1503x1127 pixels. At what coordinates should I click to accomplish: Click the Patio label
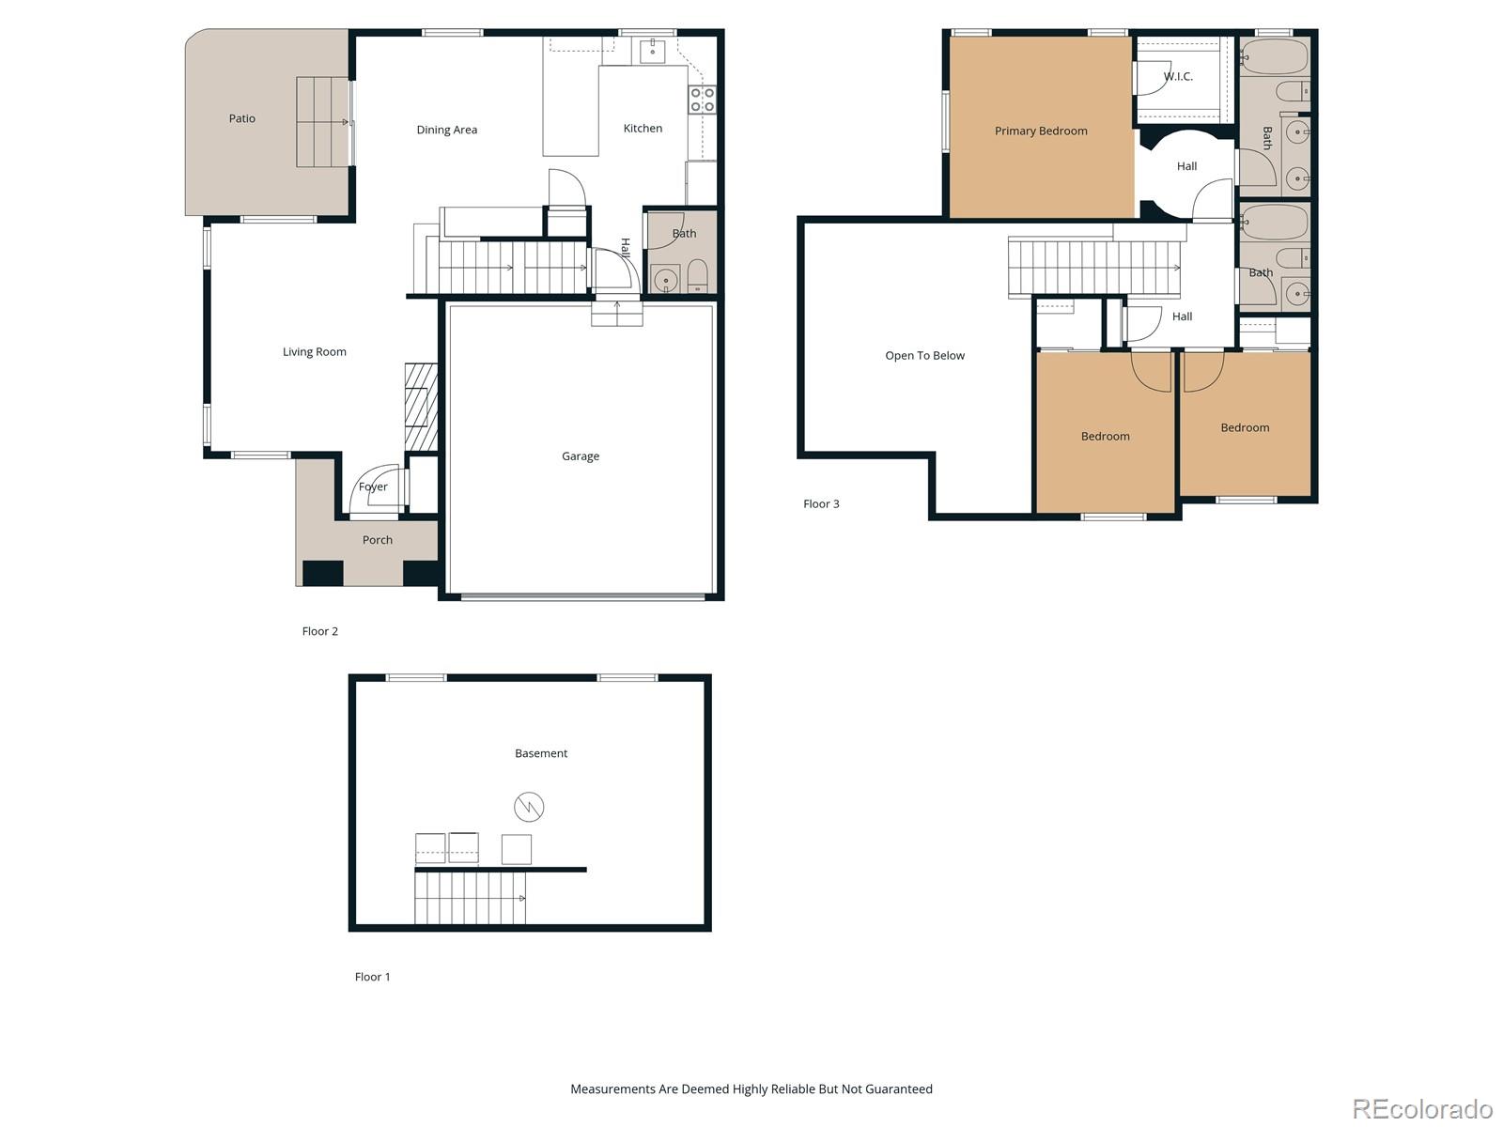pyautogui.click(x=241, y=118)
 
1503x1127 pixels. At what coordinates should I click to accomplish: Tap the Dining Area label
pyautogui.click(x=446, y=130)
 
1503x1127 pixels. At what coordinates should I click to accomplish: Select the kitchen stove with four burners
pyautogui.click(x=702, y=100)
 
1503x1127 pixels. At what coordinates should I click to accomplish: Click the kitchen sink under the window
pyautogui.click(x=652, y=51)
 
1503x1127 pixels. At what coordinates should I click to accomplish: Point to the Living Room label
pyautogui.click(x=314, y=352)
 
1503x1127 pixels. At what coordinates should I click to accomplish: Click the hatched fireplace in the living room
pyautogui.click(x=421, y=408)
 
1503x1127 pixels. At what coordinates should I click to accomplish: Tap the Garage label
pyautogui.click(x=580, y=456)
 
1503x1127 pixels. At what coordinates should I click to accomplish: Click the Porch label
pyautogui.click(x=377, y=540)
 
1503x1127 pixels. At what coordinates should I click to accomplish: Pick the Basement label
pyautogui.click(x=541, y=753)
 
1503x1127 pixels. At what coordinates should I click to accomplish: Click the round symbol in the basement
pyautogui.click(x=529, y=807)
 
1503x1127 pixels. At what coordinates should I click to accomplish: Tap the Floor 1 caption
pyautogui.click(x=372, y=977)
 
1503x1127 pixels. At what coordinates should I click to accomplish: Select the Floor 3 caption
pyautogui.click(x=821, y=504)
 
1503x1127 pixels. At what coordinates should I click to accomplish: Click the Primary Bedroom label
pyautogui.click(x=1041, y=131)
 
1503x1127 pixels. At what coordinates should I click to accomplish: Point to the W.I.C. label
pyautogui.click(x=1178, y=77)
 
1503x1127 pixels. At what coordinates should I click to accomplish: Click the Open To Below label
pyautogui.click(x=924, y=356)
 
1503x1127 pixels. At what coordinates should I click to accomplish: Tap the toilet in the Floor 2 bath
pyautogui.click(x=697, y=276)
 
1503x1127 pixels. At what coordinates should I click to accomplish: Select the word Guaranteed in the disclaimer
pyautogui.click(x=899, y=1089)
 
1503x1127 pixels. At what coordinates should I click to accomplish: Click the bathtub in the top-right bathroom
pyautogui.click(x=1274, y=56)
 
